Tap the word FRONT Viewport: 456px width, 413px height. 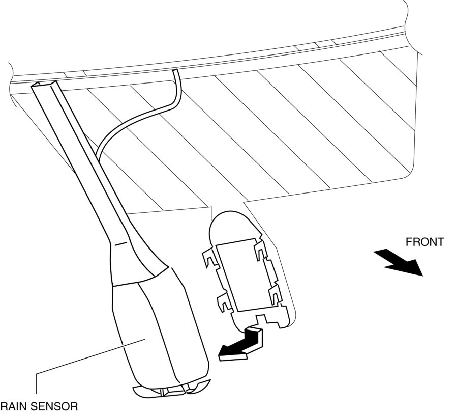point(424,242)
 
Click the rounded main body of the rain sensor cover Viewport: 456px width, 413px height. point(163,331)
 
